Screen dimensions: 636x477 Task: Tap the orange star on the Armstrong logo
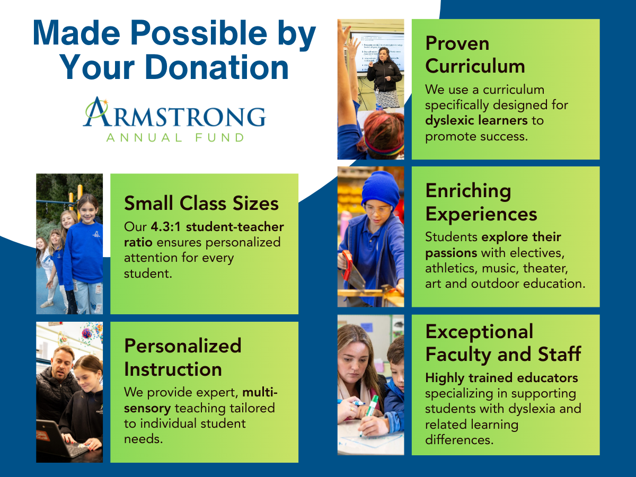(x=105, y=102)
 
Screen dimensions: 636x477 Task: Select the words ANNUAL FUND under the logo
(x=175, y=138)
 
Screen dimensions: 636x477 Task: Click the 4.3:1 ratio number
(x=166, y=227)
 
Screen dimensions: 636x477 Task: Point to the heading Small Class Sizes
(x=201, y=203)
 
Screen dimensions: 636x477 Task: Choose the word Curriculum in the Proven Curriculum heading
(x=475, y=66)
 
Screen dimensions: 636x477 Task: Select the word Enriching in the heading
(x=468, y=191)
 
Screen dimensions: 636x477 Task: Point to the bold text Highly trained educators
(x=501, y=378)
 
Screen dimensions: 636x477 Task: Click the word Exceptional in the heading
(x=479, y=332)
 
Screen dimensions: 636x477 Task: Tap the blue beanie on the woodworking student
(x=380, y=189)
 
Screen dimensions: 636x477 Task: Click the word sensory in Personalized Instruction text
(x=147, y=409)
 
